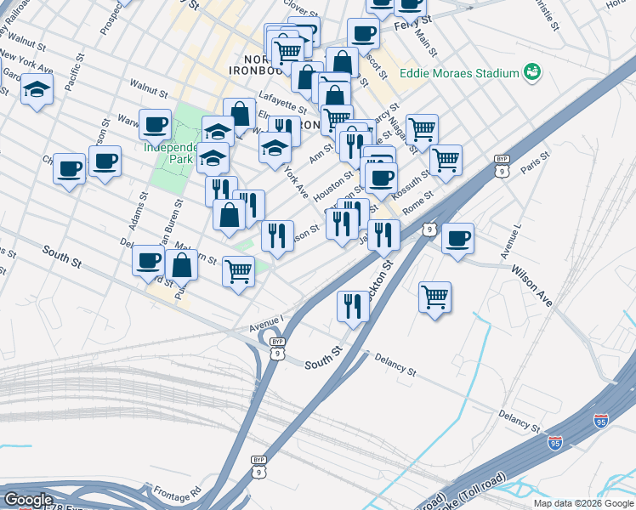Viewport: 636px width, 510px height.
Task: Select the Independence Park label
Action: click(173, 153)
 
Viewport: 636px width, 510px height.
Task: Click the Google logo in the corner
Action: click(28, 500)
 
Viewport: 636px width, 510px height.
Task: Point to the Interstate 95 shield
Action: click(601, 420)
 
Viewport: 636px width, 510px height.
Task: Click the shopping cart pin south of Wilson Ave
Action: click(434, 297)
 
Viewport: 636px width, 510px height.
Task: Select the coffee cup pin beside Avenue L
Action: click(457, 238)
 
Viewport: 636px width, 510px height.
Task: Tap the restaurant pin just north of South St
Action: click(353, 306)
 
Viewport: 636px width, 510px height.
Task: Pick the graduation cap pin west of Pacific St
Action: click(37, 90)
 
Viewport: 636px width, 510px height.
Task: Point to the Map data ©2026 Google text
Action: click(584, 503)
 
